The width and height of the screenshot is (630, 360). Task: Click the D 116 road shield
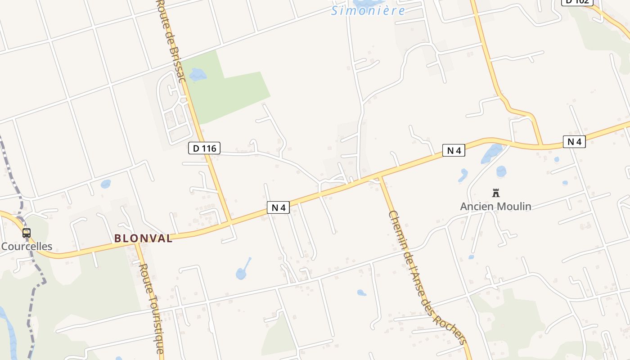[204, 148]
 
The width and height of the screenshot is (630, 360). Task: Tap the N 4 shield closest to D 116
[279, 207]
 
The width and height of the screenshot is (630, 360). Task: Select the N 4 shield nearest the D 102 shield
[574, 142]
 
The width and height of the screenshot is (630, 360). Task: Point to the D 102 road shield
[577, 2]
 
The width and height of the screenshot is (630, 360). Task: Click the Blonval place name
[143, 238]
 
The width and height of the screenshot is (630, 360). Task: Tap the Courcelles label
[27, 247]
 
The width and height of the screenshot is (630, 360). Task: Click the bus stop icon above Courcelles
[27, 233]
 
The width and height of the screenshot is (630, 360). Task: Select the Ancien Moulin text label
[495, 207]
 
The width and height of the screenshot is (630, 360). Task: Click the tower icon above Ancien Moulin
[496, 193]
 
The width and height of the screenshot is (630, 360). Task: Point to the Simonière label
[368, 11]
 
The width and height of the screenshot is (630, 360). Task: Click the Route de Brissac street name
[171, 40]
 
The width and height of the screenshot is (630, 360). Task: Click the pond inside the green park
[197, 75]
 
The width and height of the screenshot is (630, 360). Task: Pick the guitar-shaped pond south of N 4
[242, 272]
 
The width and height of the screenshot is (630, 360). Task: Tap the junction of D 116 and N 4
[229, 222]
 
